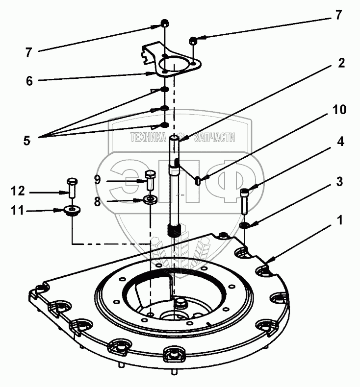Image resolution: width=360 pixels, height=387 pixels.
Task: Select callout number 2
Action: click(x=341, y=63)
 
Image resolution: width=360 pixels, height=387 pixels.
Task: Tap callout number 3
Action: click(x=338, y=181)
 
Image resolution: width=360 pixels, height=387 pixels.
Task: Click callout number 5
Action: click(x=27, y=140)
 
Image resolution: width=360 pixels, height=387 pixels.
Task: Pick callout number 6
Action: click(x=29, y=81)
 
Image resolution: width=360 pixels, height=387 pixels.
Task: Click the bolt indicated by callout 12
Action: click(x=72, y=186)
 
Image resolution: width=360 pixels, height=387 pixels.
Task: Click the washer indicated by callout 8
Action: click(x=150, y=199)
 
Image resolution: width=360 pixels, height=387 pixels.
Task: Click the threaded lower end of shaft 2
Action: click(x=175, y=229)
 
